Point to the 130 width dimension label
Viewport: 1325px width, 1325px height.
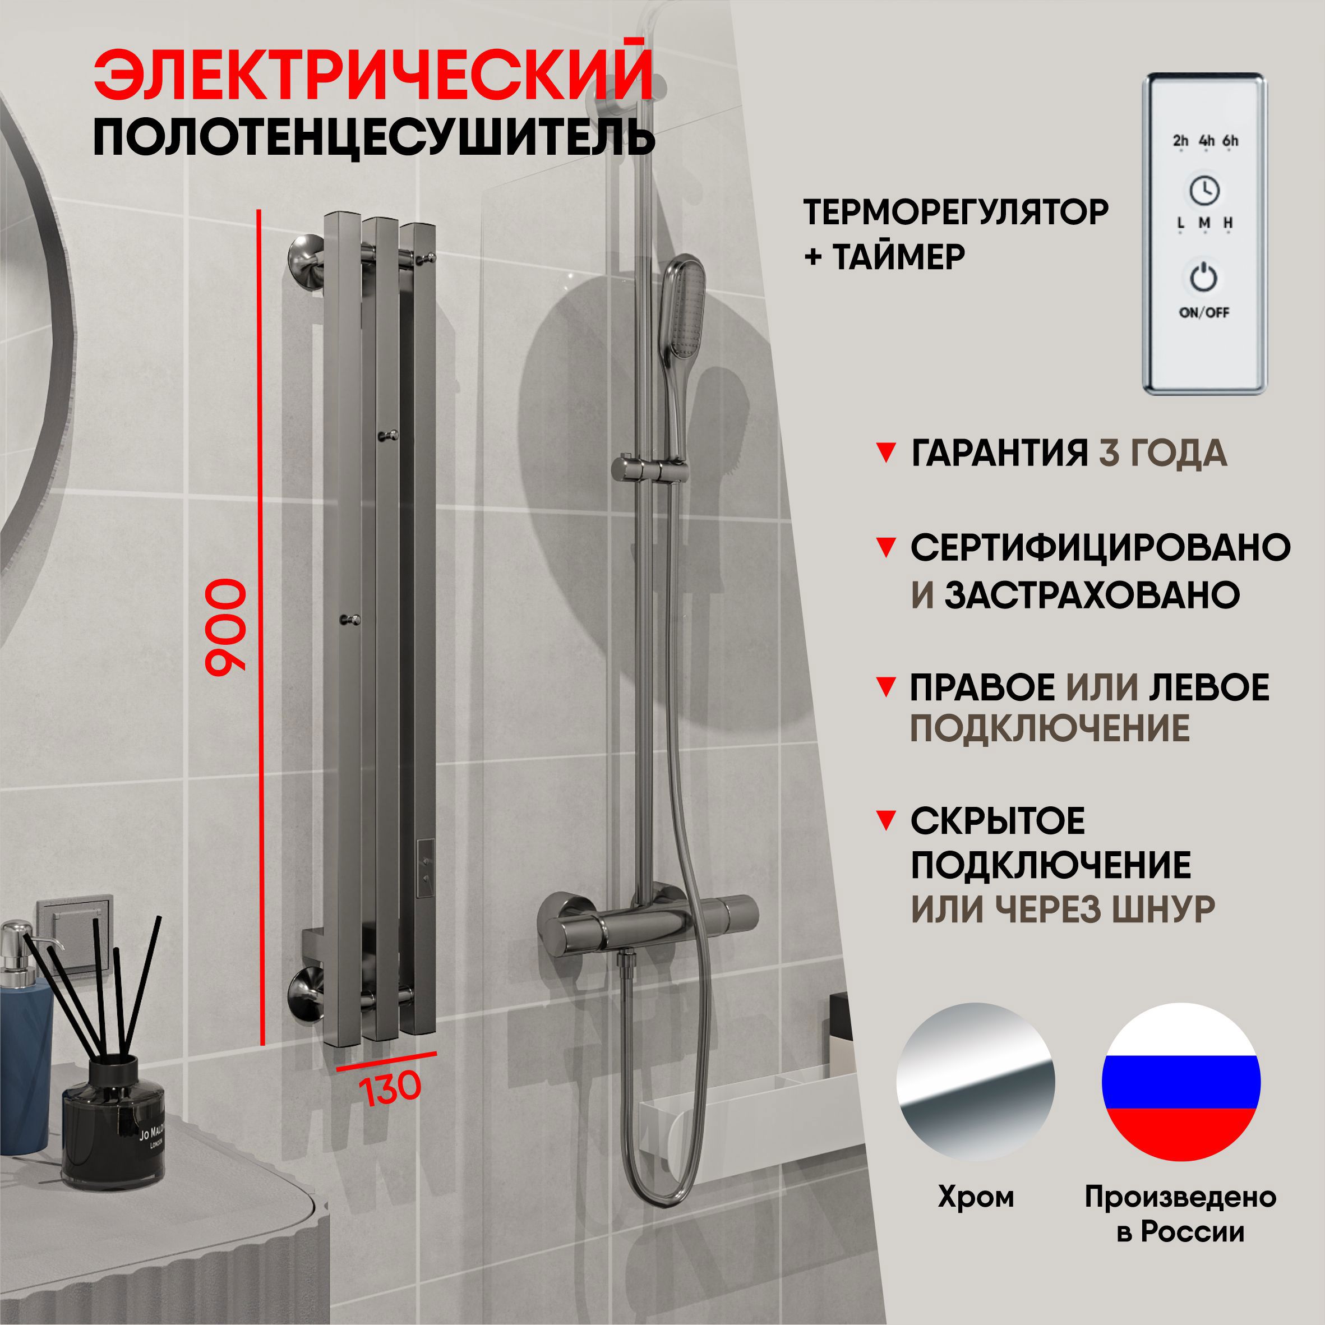(x=389, y=1089)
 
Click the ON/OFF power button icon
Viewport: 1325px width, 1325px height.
(x=1203, y=278)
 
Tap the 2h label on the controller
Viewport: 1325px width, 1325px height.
(x=1180, y=141)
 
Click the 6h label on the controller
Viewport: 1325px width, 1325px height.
(x=1230, y=141)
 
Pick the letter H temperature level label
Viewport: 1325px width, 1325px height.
(x=1229, y=223)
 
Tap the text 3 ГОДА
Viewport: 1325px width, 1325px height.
(x=1162, y=454)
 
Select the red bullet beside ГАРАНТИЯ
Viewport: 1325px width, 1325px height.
(x=886, y=453)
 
